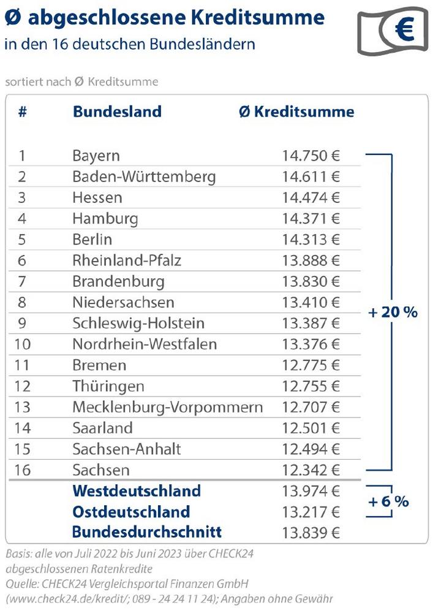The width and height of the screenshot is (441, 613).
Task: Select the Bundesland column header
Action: pos(117,112)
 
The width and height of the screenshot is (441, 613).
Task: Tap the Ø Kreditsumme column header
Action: pos(296,112)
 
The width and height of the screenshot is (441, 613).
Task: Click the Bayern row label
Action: pos(96,156)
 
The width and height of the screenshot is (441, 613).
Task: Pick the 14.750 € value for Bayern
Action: pos(311,156)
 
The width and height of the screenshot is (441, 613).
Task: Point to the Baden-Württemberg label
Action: pos(144,177)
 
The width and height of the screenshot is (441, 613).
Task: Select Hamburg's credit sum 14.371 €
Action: pos(311,219)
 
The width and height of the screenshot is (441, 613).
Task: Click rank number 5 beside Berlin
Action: pos(22,240)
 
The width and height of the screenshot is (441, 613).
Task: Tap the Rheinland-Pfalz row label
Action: pos(127,261)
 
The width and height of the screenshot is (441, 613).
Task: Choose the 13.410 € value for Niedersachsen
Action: pos(311,302)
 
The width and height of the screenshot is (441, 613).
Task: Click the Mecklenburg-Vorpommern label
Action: pos(167,407)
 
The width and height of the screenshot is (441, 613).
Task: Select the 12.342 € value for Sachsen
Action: pos(311,470)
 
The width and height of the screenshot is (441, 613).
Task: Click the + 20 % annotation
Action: pos(393,311)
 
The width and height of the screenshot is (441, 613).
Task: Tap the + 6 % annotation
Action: pos(388,501)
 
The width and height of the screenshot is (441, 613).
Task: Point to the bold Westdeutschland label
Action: pos(137,491)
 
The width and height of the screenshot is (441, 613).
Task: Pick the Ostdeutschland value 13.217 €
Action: pos(311,512)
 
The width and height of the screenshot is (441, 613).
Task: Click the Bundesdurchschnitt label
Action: pos(147,532)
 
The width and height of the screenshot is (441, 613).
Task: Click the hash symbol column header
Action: pos(22,112)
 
